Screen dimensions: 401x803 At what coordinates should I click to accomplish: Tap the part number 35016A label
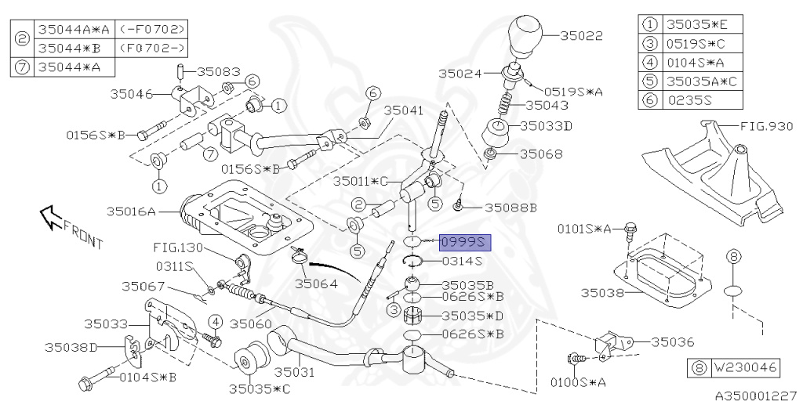(x=132, y=211)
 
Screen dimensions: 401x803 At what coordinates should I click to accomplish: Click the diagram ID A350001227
(x=755, y=396)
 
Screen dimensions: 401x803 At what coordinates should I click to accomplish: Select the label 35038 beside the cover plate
(x=601, y=294)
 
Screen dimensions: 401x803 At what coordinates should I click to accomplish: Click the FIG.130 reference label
(x=178, y=247)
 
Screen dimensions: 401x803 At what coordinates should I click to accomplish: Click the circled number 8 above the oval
(x=733, y=256)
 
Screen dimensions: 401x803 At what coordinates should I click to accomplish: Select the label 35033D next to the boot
(x=549, y=125)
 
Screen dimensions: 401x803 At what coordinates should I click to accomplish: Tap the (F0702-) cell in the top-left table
(x=154, y=49)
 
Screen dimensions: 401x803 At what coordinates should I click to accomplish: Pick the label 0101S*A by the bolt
(x=584, y=229)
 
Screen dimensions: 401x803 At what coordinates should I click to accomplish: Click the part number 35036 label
(x=673, y=341)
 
